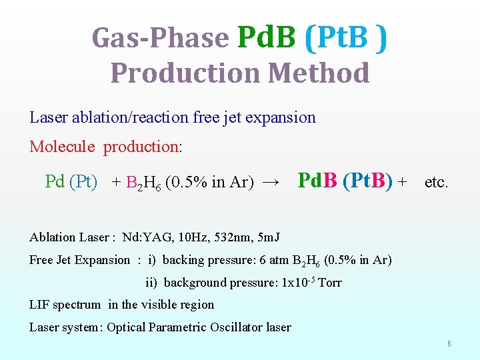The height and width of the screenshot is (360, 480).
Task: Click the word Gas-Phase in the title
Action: [160, 37]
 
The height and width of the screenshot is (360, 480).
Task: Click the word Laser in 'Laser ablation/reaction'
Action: [48, 118]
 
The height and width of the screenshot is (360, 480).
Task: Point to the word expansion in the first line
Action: [280, 118]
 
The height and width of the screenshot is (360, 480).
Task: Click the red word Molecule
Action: [63, 147]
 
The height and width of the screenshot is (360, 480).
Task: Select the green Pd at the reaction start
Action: [55, 181]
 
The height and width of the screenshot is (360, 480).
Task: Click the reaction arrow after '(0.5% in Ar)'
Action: [271, 182]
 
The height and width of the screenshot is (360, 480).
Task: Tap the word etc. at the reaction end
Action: [437, 182]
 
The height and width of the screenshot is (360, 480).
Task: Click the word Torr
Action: [330, 283]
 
